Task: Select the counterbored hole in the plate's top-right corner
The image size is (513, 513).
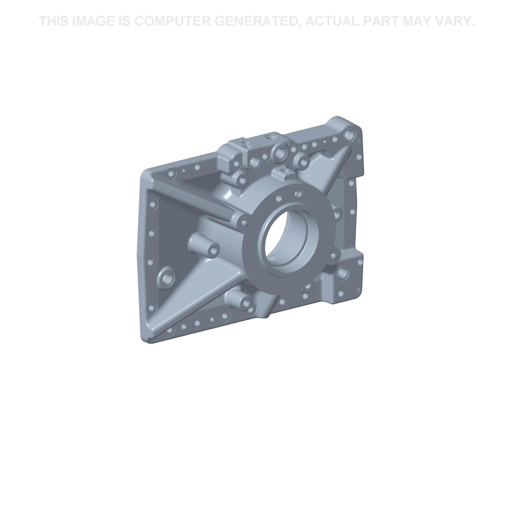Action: click(349, 134)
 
